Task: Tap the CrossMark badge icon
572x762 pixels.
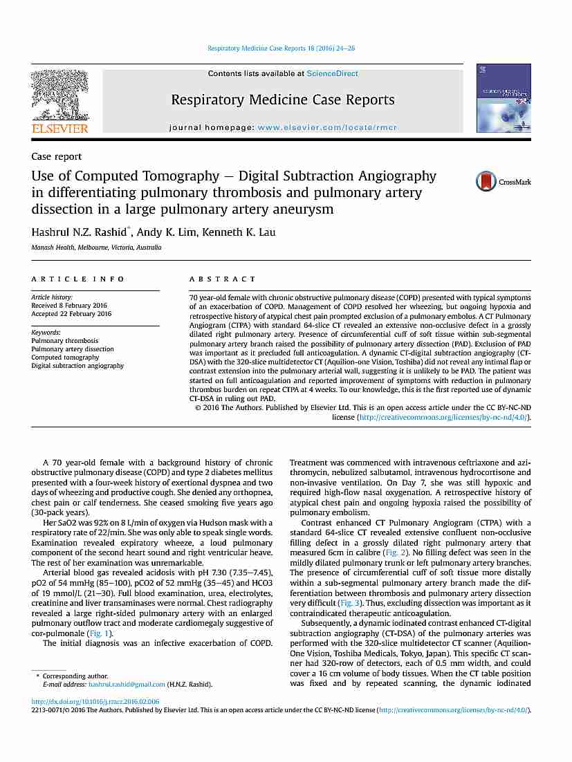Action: [x=494, y=182]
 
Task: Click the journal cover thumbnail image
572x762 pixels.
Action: [x=504, y=98]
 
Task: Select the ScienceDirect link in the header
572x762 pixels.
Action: [x=333, y=73]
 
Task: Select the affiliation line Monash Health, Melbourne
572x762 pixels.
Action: [x=96, y=247]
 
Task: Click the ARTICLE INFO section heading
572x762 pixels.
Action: [x=78, y=279]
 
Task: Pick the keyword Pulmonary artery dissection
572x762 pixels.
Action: [x=73, y=349]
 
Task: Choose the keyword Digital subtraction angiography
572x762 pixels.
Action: [x=77, y=366]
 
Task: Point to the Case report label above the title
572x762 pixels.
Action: [x=56, y=157]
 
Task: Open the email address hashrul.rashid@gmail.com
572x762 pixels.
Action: [x=127, y=684]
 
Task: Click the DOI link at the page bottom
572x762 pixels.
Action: [x=95, y=701]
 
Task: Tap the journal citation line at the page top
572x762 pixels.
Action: [x=282, y=48]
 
